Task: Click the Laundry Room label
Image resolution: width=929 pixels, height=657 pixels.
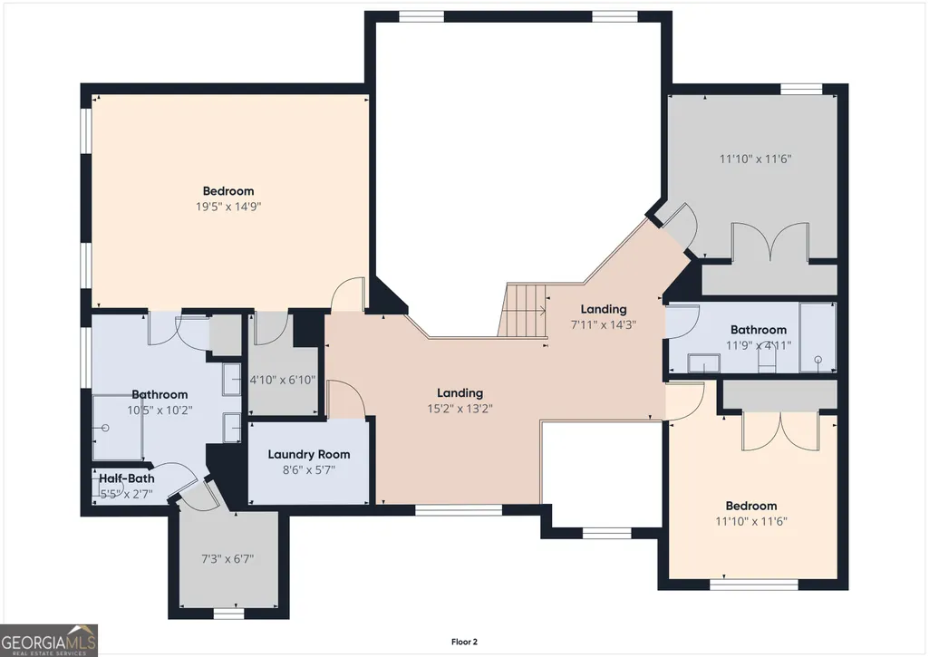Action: pos(309,454)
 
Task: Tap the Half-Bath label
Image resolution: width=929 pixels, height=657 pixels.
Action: pos(126,478)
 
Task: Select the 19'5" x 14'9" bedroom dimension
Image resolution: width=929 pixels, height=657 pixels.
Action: pos(228,207)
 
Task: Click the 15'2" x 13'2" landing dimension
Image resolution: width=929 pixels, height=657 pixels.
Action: pos(460,408)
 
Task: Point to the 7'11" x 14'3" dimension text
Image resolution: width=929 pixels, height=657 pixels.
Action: pos(603,324)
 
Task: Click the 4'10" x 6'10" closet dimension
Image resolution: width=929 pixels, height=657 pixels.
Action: pos(282,380)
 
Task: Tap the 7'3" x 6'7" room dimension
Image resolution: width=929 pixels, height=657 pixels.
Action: pos(227,558)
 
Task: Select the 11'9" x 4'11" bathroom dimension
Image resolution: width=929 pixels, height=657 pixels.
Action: pos(759,345)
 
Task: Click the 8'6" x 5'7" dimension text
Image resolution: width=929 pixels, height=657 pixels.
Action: pos(309,470)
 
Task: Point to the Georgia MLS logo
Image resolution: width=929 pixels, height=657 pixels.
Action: pos(49,641)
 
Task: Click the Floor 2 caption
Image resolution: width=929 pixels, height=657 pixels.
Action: pos(464,642)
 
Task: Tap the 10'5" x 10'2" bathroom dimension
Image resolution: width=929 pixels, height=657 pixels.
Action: pos(160,410)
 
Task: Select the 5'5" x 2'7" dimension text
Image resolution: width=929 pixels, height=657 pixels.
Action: pos(126,494)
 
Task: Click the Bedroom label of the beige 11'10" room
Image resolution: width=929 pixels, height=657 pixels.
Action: pos(751,506)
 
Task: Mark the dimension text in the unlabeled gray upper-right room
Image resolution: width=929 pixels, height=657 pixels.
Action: pos(755,159)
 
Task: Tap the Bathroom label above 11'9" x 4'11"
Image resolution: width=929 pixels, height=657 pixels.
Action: pos(759,330)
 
